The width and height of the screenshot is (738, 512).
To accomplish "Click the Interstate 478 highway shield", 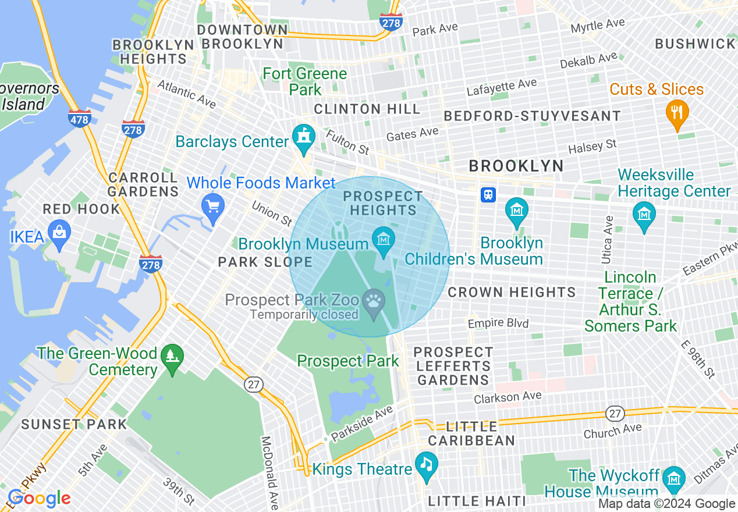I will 79,119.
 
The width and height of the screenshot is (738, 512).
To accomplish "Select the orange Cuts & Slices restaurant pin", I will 676,113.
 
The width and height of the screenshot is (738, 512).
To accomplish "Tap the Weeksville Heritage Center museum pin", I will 644,216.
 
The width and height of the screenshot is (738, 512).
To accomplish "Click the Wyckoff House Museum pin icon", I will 674,479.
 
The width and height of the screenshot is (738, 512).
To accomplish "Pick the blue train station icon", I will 488,195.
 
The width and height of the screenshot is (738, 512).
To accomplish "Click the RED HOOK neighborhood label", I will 81,209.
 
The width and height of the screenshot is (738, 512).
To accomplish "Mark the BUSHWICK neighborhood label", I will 695,44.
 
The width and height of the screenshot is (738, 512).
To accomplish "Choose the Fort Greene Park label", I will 305,81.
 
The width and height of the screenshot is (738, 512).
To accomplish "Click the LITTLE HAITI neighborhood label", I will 477,501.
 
